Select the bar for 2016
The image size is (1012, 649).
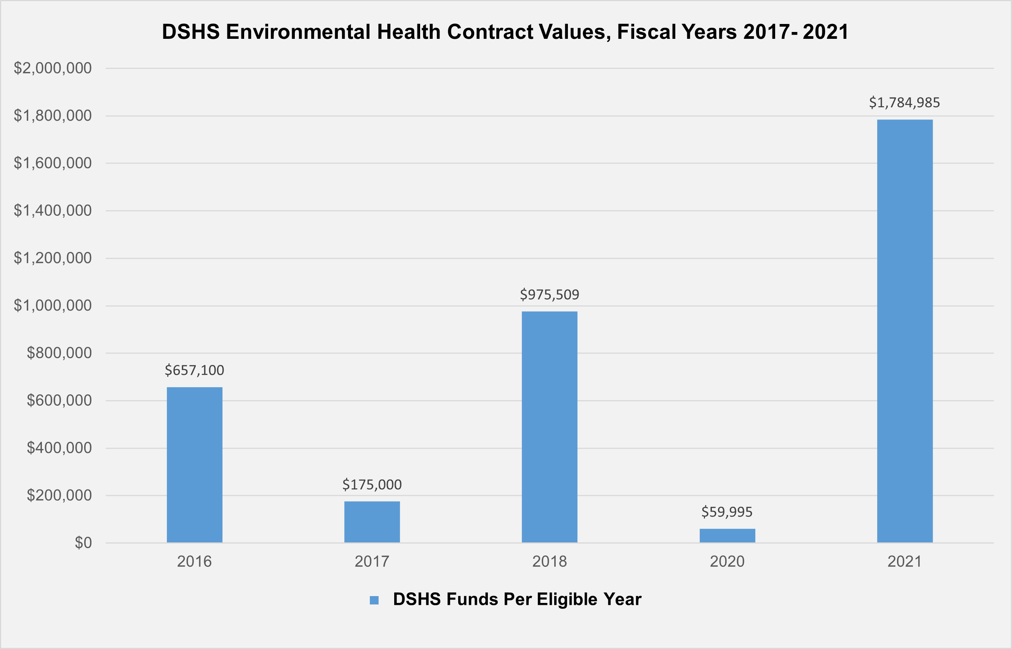pyautogui.click(x=194, y=464)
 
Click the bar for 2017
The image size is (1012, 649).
pyautogui.click(x=372, y=522)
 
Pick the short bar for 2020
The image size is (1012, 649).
pyautogui.click(x=727, y=535)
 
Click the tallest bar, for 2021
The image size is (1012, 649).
pyautogui.click(x=905, y=331)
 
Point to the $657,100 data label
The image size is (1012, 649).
pyautogui.click(x=194, y=370)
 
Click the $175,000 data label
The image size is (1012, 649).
pyautogui.click(x=372, y=485)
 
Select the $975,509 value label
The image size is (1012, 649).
pyautogui.click(x=550, y=294)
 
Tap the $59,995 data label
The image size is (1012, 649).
pyautogui.click(x=727, y=512)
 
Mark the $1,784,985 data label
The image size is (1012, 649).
pyautogui.click(x=905, y=102)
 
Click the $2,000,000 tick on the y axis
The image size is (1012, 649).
pyautogui.click(x=53, y=68)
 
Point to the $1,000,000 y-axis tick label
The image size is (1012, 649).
pyautogui.click(x=53, y=305)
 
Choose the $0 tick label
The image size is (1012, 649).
pyautogui.click(x=83, y=543)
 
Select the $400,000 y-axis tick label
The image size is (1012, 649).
pyautogui.click(x=59, y=448)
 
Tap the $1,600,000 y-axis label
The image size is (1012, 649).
pyautogui.click(x=53, y=163)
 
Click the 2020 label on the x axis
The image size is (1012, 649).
pyautogui.click(x=727, y=561)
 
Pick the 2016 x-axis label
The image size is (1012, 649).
pyautogui.click(x=194, y=561)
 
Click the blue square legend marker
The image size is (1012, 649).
pyautogui.click(x=374, y=600)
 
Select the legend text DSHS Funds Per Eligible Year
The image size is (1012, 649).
pyautogui.click(x=517, y=599)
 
